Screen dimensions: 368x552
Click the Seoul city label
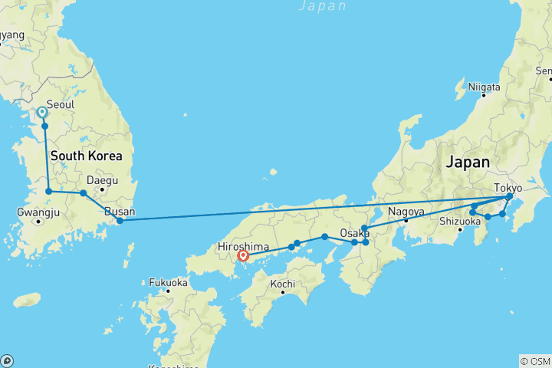(61, 104)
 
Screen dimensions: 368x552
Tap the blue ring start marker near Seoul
(42, 112)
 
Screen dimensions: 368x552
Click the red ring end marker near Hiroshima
(243, 256)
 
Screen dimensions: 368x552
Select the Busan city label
(120, 212)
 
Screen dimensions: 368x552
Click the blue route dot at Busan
(120, 221)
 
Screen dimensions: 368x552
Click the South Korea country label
(86, 156)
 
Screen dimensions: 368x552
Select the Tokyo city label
(508, 187)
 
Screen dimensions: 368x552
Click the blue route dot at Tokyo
(509, 197)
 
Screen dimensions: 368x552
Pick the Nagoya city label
(406, 212)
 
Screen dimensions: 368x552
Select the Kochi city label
(283, 284)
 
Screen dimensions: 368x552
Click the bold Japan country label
(468, 163)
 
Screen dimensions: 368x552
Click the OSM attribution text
(534, 361)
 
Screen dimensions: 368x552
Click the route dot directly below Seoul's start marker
(45, 126)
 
